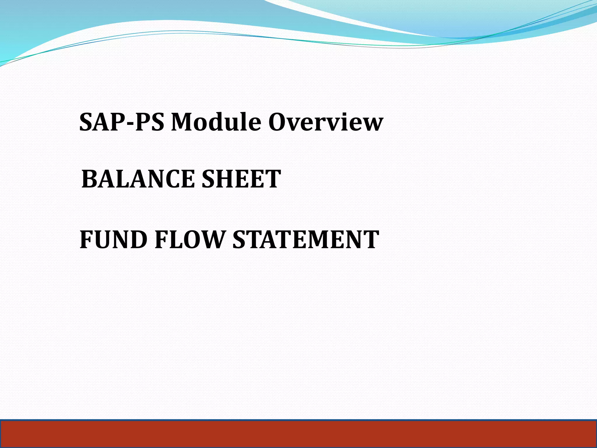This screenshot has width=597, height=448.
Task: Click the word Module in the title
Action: pos(216,122)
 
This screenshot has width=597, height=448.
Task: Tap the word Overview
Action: pos(326,122)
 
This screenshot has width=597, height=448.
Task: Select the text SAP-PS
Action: pos(122,122)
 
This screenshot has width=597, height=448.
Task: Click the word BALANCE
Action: pos(138,179)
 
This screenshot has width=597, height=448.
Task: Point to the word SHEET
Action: pos(241,179)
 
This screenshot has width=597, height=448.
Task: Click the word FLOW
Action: pos(189,239)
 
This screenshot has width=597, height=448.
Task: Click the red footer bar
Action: pos(298,434)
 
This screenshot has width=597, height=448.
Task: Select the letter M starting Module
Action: pos(181,122)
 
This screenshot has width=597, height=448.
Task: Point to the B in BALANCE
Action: pos(90,179)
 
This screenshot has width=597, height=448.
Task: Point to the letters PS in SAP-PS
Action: pos(149,122)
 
